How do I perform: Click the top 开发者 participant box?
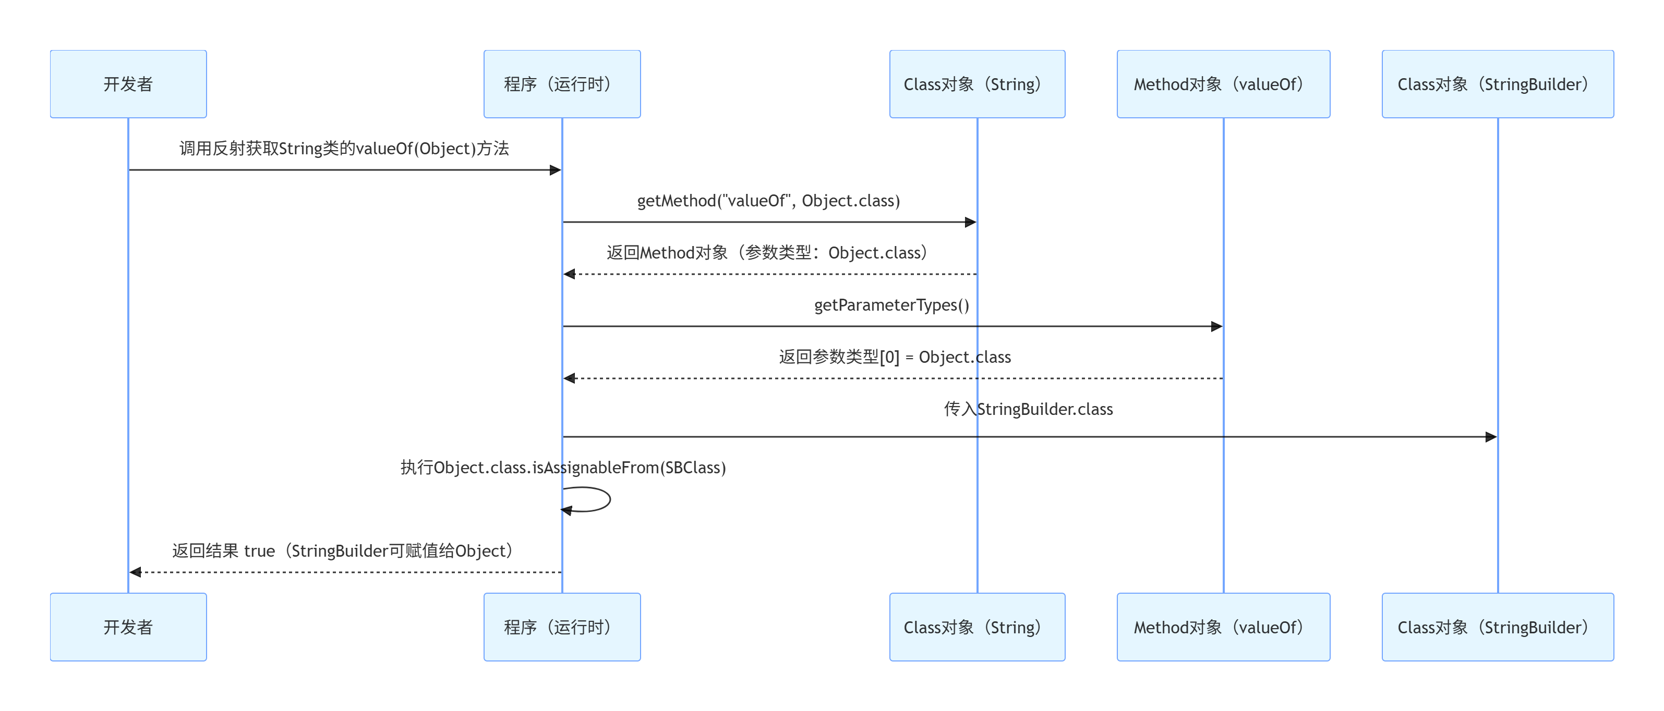(x=128, y=84)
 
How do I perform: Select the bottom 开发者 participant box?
(x=128, y=627)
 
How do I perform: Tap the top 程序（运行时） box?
(x=561, y=84)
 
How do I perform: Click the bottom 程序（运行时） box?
(x=561, y=627)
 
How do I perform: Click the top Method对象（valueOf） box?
(x=1223, y=84)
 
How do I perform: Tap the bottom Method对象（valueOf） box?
(x=1223, y=627)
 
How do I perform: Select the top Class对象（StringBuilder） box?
(x=1498, y=84)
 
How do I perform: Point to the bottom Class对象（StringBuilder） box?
(x=1498, y=627)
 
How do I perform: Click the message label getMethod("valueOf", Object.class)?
(x=768, y=201)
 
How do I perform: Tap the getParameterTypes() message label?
(x=891, y=305)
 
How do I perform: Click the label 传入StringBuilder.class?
(x=1028, y=409)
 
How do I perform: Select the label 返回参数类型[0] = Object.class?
(x=895, y=357)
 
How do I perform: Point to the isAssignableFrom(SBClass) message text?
(x=563, y=468)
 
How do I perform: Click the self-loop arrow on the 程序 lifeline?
(x=607, y=499)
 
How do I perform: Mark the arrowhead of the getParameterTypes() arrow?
(x=1216, y=327)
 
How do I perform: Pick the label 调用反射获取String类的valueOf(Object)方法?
(x=344, y=149)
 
